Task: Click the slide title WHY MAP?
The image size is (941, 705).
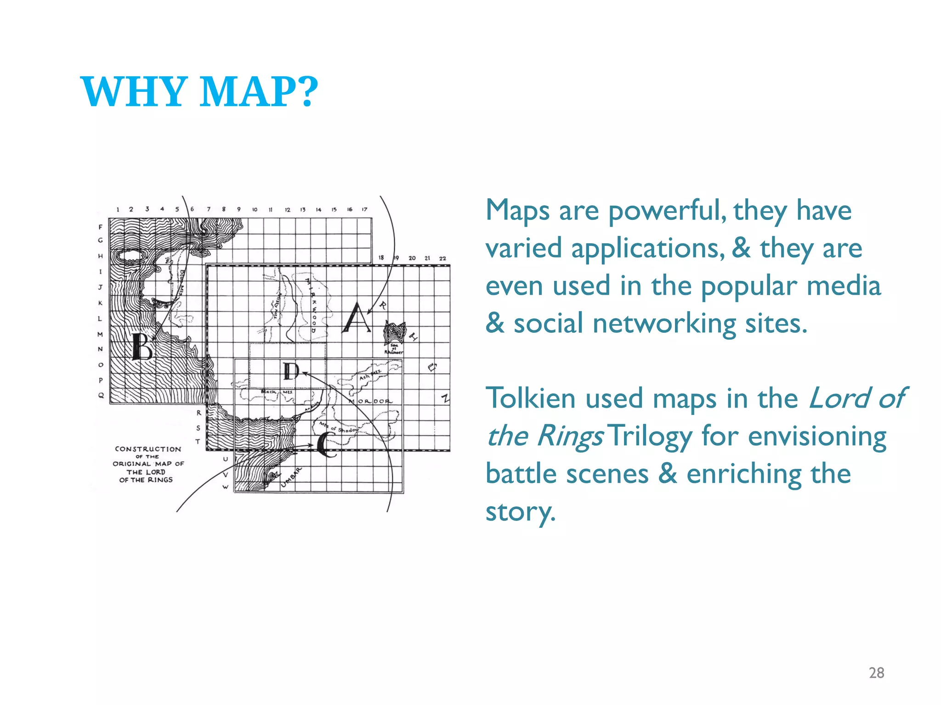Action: coord(199,92)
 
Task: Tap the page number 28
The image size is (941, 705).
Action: coord(876,673)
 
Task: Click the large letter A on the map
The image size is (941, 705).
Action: coord(357,319)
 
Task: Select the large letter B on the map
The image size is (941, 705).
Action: coord(142,347)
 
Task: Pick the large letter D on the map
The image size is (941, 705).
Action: coord(291,371)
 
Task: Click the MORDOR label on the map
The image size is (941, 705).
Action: coord(370,401)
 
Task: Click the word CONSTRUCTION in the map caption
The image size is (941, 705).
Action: coord(148,449)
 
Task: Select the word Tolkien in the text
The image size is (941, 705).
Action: coord(530,398)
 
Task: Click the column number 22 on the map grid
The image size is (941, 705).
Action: coord(442,258)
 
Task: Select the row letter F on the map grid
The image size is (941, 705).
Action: coord(101,227)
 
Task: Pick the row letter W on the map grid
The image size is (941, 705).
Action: coord(225,487)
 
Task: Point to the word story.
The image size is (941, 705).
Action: coord(520,511)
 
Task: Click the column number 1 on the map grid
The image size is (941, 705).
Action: coord(118,209)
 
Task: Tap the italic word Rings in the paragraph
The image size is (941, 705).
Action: coord(570,436)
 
